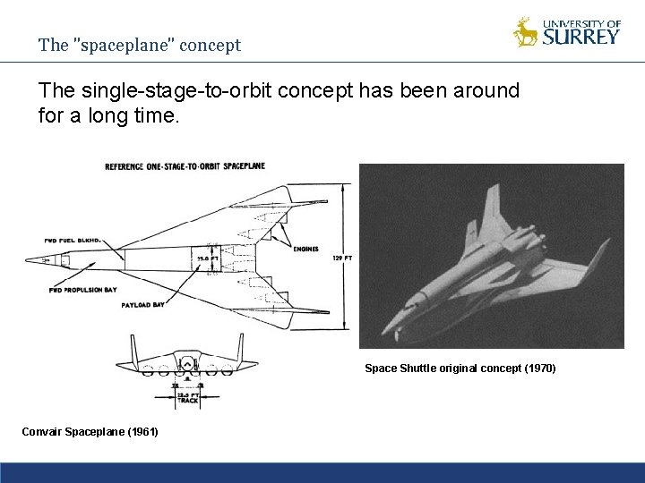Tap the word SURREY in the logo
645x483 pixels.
tap(581, 37)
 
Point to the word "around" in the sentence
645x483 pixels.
tap(485, 91)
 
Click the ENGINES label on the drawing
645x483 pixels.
tap(305, 250)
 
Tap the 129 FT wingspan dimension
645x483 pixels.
tap(342, 258)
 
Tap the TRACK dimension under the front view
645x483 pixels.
tap(188, 400)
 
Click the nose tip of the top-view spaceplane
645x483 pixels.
tap(28, 258)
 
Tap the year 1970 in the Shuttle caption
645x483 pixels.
tap(538, 368)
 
